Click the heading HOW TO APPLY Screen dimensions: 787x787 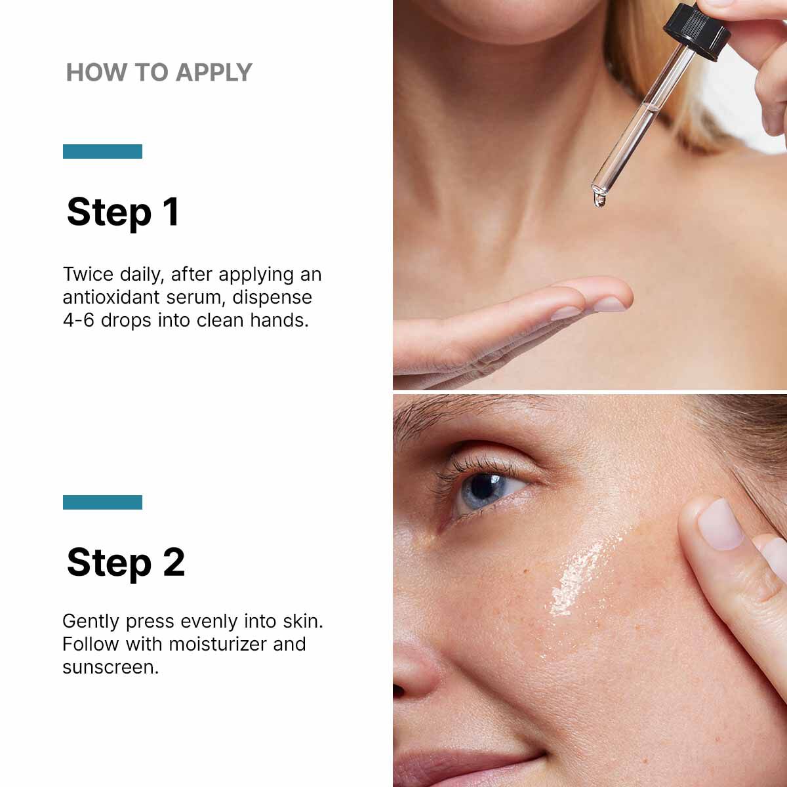click(x=159, y=72)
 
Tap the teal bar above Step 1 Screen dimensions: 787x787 click(x=102, y=151)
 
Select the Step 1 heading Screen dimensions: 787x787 click(x=123, y=212)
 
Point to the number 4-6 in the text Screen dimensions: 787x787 click(x=79, y=320)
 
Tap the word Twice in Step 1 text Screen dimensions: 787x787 click(x=87, y=274)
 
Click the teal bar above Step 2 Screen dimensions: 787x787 click(x=102, y=502)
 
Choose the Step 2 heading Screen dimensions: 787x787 click(x=125, y=562)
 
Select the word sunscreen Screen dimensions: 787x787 click(x=110, y=667)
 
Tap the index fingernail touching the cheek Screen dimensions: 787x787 click(x=719, y=523)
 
